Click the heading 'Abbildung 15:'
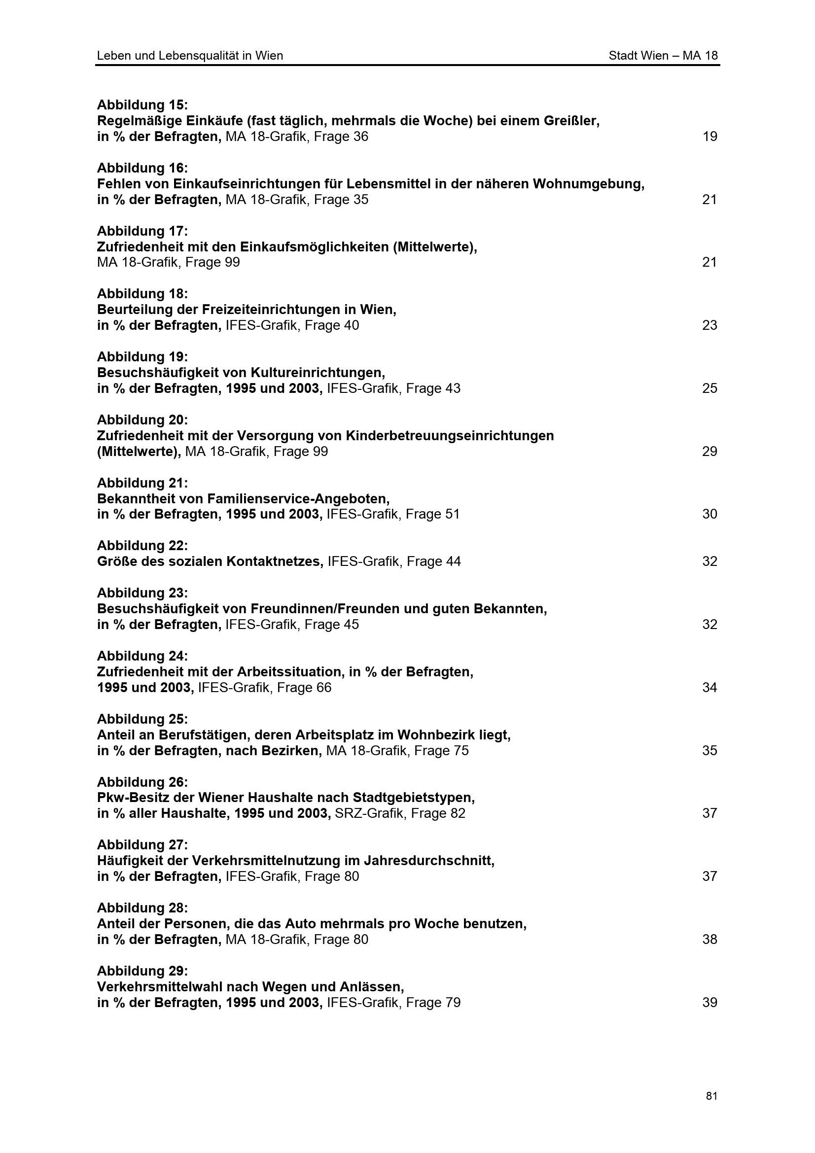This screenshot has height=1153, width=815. pos(142,105)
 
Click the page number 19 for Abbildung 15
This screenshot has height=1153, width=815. pos(709,137)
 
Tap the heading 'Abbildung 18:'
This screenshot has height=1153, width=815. pos(142,294)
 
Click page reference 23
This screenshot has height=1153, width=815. pos(709,325)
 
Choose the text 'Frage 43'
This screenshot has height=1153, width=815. pos(433,388)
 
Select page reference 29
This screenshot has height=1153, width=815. pos(709,452)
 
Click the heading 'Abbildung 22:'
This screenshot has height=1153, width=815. pos(142,545)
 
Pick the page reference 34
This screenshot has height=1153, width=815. pos(709,688)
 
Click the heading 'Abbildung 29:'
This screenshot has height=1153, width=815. pos(142,971)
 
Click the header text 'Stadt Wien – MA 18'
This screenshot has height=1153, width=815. pos(663,56)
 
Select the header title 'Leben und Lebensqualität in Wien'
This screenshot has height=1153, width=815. pos(190,56)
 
